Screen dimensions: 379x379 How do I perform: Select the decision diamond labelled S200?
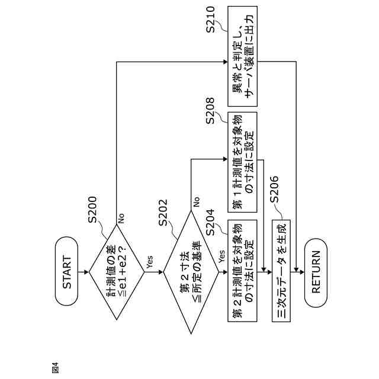(116, 272)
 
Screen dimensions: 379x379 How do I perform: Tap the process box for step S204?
(243, 272)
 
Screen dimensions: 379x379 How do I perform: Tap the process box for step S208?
(243, 160)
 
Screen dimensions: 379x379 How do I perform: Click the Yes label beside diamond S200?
(149, 264)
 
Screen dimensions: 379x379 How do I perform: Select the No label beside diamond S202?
(195, 203)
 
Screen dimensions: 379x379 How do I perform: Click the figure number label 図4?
(55, 367)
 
